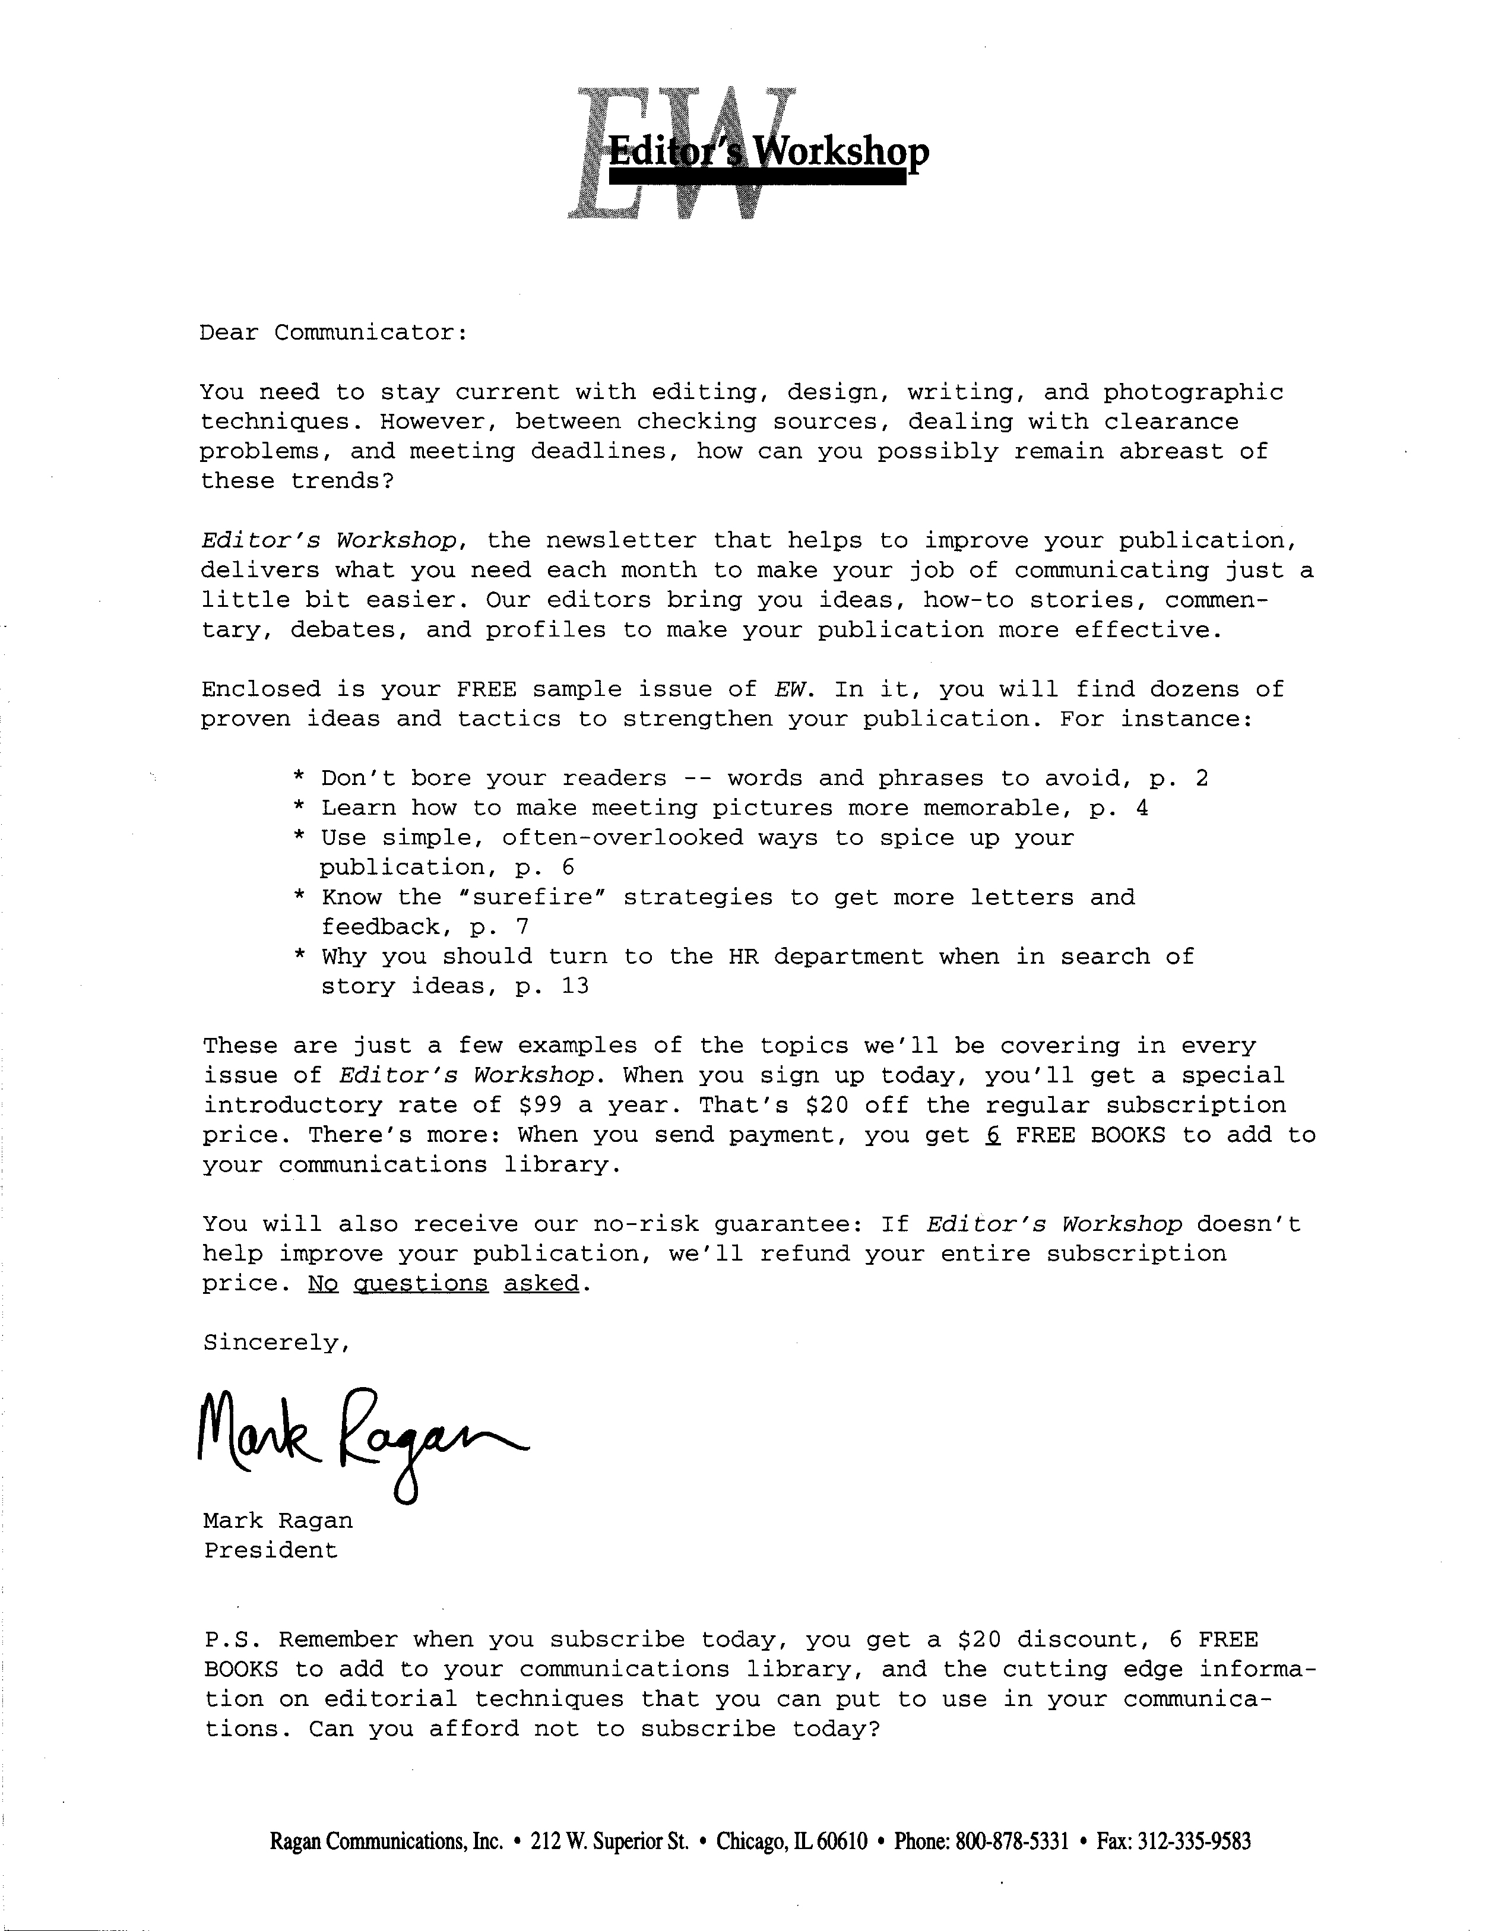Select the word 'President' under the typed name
pyautogui.click(x=271, y=1550)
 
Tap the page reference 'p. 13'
pyautogui.click(x=552, y=986)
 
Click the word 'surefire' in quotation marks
pyautogui.click(x=531, y=898)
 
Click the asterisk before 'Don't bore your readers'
pyautogui.click(x=300, y=779)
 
